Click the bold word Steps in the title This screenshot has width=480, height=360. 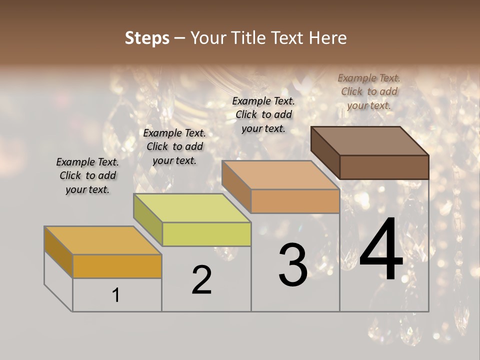[x=147, y=38]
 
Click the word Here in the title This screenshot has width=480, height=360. [x=327, y=38]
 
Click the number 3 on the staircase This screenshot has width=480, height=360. [x=293, y=265]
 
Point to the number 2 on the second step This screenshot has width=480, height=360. [x=201, y=280]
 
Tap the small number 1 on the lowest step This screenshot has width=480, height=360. [x=116, y=295]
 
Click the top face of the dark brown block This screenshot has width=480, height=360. [x=369, y=141]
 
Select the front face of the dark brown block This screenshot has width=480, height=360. [x=384, y=167]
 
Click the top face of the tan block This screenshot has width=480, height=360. [x=280, y=175]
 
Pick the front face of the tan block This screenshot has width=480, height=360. [x=295, y=201]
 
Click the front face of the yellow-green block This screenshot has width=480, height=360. [x=206, y=234]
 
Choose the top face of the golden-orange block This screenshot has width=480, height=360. [x=102, y=240]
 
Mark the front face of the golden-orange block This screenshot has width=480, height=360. [x=117, y=266]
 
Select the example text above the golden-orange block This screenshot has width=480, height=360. [x=87, y=176]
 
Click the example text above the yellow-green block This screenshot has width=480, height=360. [x=174, y=147]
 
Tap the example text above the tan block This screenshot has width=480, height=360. [x=263, y=114]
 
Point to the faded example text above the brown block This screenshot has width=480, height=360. [x=369, y=91]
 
